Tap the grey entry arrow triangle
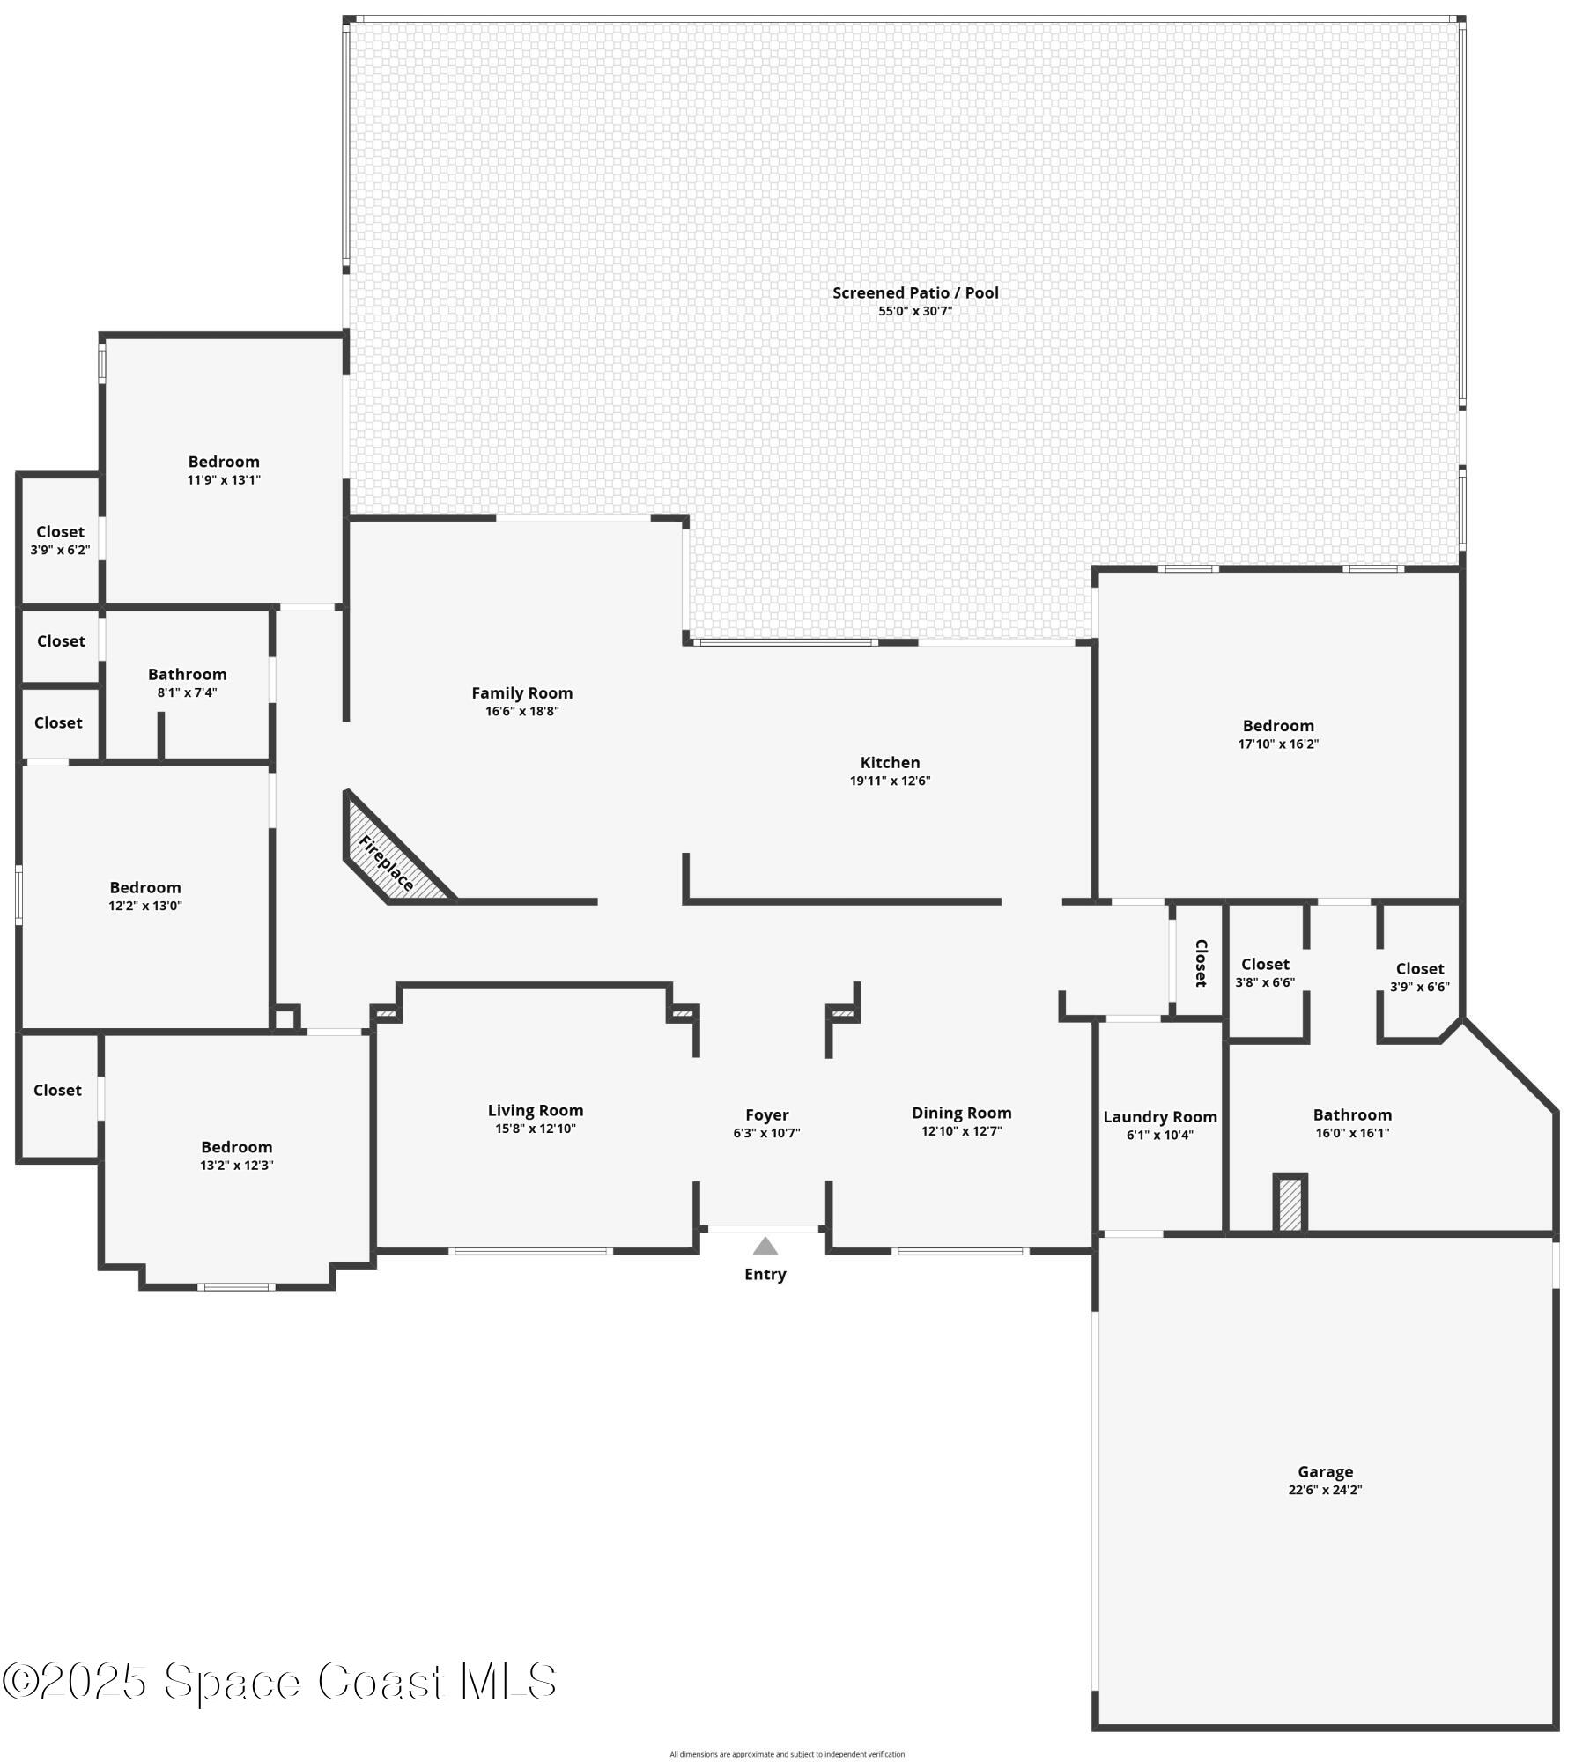[765, 1246]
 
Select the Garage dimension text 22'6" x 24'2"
[1324, 1490]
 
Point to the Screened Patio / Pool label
[915, 292]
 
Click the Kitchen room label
[890, 762]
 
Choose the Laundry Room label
[1159, 1117]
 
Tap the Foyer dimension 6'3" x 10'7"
[766, 1133]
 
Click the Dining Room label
[961, 1113]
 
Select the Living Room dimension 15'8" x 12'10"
[536, 1129]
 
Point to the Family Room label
[521, 693]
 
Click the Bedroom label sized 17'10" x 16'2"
[1277, 725]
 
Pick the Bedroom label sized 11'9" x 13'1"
[224, 462]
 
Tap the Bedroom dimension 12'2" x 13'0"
[145, 906]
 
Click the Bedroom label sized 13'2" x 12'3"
[236, 1147]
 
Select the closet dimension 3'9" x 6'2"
[60, 550]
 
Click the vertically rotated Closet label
[1200, 963]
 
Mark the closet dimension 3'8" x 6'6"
[1265, 982]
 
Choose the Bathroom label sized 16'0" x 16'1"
[1352, 1114]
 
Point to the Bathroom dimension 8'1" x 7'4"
[187, 692]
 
